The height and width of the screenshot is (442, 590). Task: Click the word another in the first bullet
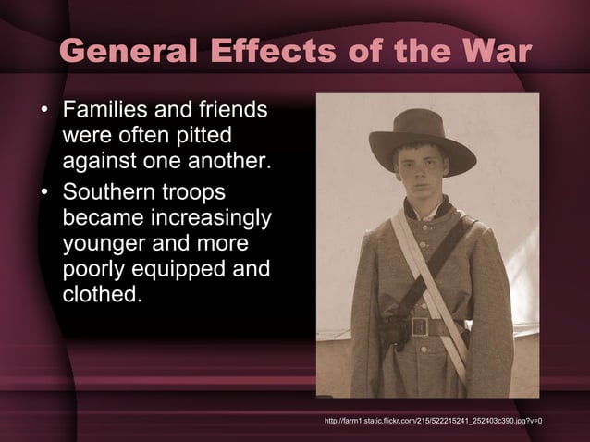point(230,164)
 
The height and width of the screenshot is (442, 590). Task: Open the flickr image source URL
point(433,422)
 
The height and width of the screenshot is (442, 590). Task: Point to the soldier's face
point(421,171)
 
